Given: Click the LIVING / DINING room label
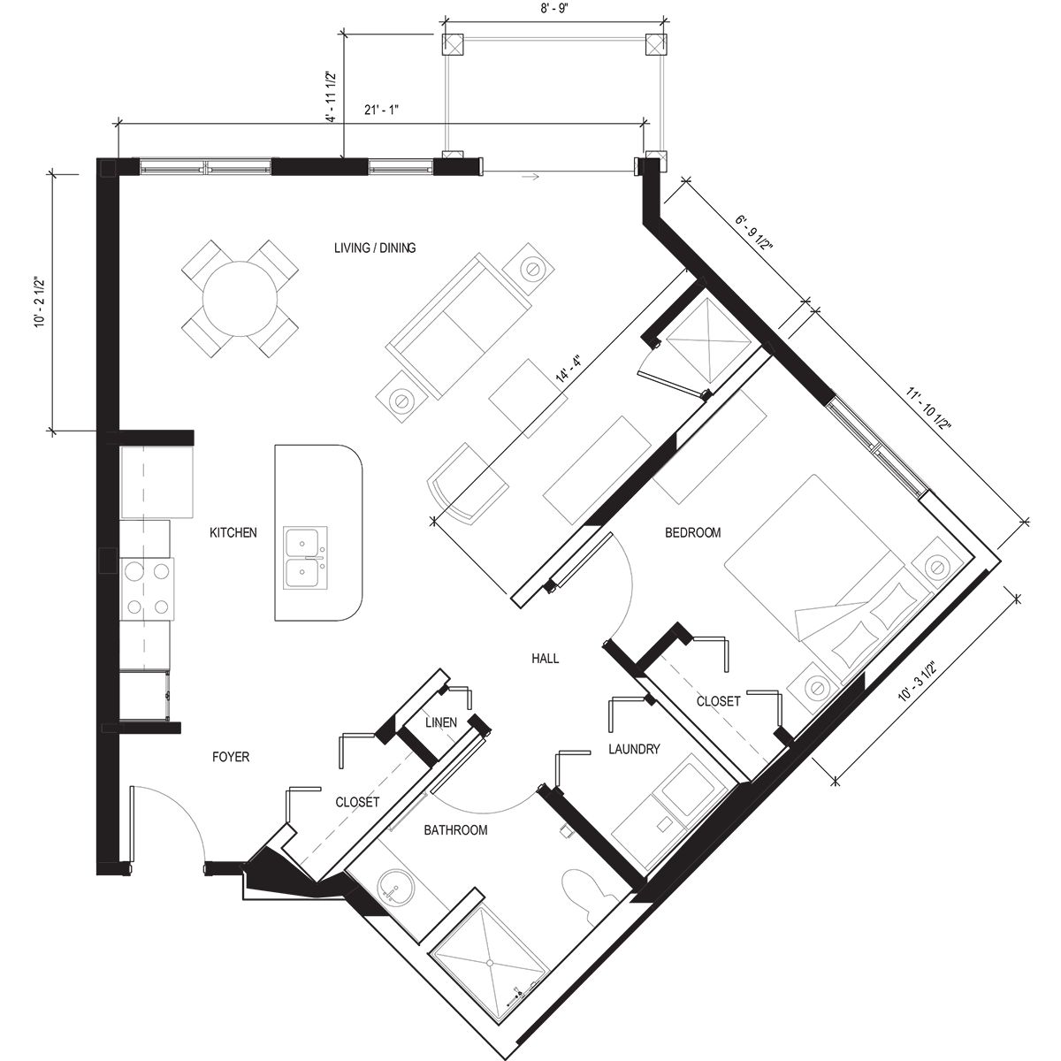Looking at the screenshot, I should (374, 248).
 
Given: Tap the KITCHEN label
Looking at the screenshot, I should (233, 532).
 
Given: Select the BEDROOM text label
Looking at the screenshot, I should (692, 532).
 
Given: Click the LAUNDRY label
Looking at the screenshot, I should (634, 749).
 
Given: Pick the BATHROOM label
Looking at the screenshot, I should (455, 830).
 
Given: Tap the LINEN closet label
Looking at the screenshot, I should (440, 722).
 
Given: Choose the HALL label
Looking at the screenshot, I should (546, 659).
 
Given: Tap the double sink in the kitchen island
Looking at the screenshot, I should (306, 559).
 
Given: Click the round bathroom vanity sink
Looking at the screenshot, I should (395, 888).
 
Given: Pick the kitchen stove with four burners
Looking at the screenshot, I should (147, 588).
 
